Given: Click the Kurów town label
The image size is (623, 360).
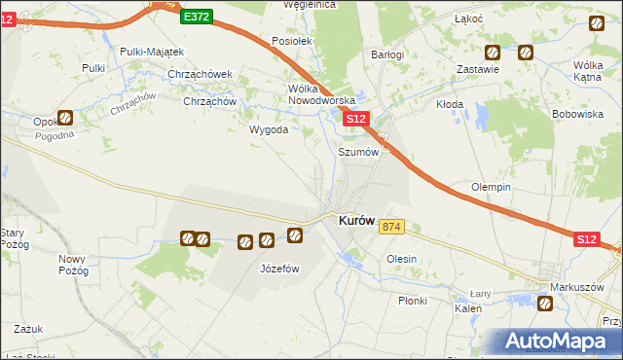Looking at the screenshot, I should click(x=356, y=221).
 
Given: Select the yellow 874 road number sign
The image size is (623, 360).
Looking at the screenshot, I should click(x=391, y=227).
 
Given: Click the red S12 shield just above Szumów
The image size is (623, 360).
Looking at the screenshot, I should click(x=355, y=119).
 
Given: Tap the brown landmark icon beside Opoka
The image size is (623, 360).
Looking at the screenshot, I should click(x=65, y=118).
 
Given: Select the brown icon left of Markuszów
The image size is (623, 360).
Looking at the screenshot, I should click(x=545, y=305).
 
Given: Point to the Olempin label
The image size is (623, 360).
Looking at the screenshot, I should click(x=492, y=187).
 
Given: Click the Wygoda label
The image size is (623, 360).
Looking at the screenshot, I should click(x=269, y=129).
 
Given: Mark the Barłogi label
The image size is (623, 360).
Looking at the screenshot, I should click(x=387, y=55).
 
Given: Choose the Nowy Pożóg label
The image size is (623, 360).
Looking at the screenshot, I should click(x=73, y=265).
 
